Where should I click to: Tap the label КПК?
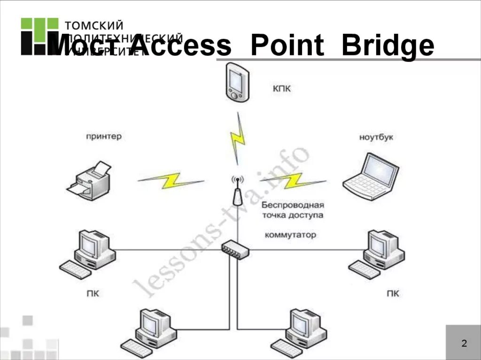point(281,88)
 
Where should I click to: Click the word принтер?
point(104,137)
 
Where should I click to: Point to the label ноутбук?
point(376,138)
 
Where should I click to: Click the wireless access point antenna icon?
point(237,191)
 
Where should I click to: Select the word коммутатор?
point(291,235)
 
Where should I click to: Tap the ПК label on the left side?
point(93,294)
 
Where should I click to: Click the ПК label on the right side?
point(393,294)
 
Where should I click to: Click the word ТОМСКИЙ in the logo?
point(94,25)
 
